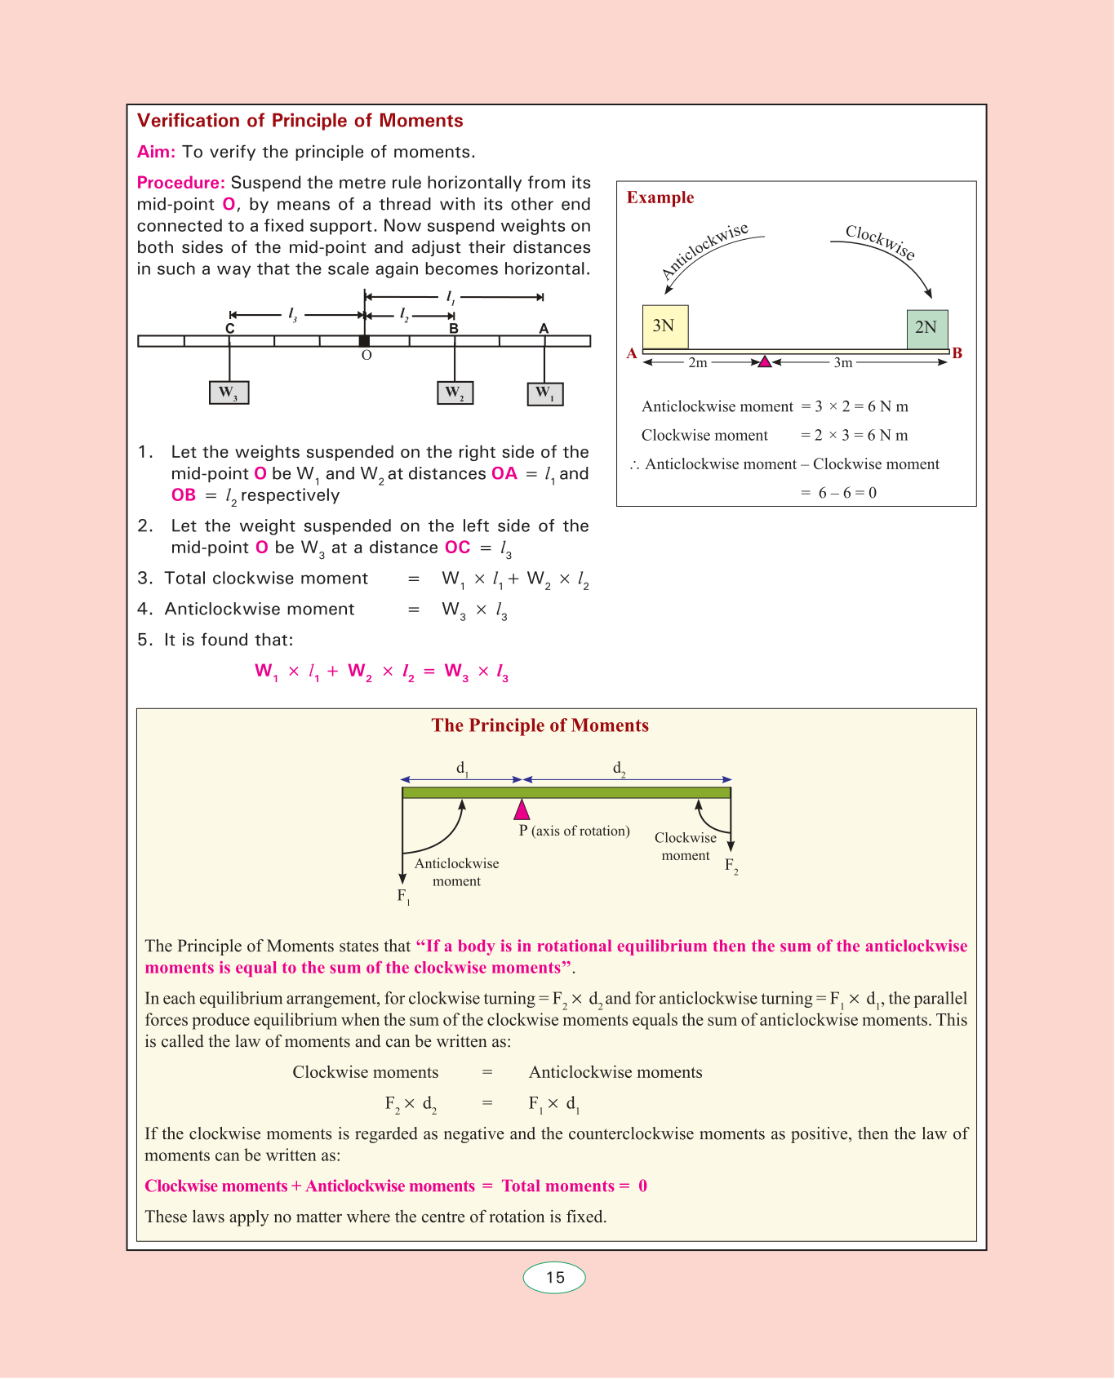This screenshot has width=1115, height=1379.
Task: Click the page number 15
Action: coord(555,1278)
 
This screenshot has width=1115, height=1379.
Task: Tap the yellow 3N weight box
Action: coord(665,326)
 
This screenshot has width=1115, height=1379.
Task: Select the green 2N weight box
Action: coord(927,329)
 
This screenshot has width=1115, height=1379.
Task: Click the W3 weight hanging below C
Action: coord(229,393)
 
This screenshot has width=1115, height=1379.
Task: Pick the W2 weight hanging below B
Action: coord(455,392)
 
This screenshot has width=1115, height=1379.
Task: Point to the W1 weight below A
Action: coord(545,394)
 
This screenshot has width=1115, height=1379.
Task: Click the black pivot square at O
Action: coord(365,341)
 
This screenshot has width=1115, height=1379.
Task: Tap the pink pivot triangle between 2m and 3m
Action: coord(765,361)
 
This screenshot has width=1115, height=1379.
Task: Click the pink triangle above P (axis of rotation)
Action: coord(522,809)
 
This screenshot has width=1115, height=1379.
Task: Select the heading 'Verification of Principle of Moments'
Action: coord(300,121)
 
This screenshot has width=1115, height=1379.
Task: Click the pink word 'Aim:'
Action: coord(156,152)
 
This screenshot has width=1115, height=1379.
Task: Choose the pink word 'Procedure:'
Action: coord(180,183)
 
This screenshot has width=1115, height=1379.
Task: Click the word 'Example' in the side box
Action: coord(660,197)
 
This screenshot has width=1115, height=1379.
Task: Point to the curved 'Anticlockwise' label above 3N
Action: coord(704,251)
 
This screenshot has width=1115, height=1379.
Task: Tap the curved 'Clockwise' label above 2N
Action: coord(880,242)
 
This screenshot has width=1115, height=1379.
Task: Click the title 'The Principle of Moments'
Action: coord(540,725)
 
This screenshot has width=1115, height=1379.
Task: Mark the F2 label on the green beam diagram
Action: coord(731,867)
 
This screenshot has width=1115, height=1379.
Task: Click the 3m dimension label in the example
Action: coord(842,362)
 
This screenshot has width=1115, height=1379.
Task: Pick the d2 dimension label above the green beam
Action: coord(620,769)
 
